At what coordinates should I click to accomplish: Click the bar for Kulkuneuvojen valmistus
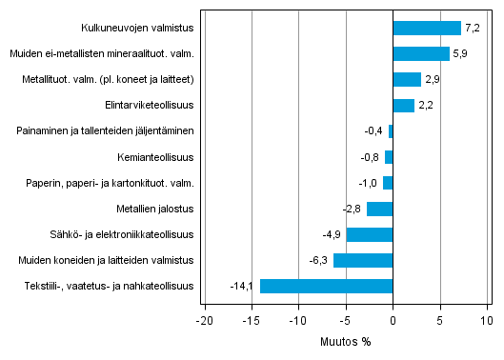pos(426,29)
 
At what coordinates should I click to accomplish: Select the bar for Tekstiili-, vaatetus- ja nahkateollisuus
pos(326,286)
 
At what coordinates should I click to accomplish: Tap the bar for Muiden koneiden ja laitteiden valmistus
pos(363,260)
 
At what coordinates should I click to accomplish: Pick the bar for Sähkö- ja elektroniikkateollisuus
pos(370,234)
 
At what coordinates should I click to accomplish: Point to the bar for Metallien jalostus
pos(379,209)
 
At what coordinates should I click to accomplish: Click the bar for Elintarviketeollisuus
pos(403,106)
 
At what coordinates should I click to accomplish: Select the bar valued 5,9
pos(420,54)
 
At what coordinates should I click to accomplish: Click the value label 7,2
pos(472,29)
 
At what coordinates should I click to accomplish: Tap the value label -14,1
pos(243,286)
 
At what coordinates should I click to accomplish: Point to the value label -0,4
pos(374,131)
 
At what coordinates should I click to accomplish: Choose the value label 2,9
pos(432,80)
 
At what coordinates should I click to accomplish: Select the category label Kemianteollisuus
pos(155,157)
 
